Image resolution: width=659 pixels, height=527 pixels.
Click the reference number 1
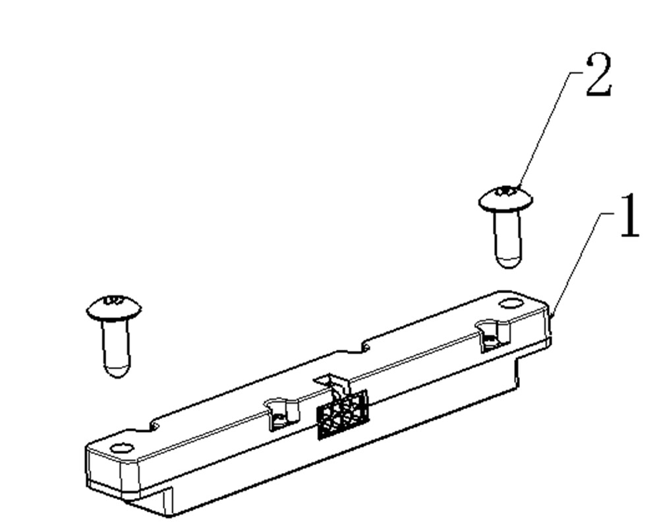[629, 217]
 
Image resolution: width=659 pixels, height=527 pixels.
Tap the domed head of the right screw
[505, 198]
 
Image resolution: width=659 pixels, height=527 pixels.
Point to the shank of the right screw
[508, 234]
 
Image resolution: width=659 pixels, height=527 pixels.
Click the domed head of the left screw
[114, 308]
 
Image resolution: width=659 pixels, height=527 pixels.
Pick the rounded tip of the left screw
[117, 369]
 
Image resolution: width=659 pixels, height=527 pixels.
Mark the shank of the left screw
[117, 343]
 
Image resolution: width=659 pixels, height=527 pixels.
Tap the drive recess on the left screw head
[113, 301]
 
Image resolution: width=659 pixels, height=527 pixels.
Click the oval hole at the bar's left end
[122, 449]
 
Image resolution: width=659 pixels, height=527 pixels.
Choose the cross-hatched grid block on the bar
[342, 414]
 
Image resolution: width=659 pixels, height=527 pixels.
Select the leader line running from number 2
[544, 132]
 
